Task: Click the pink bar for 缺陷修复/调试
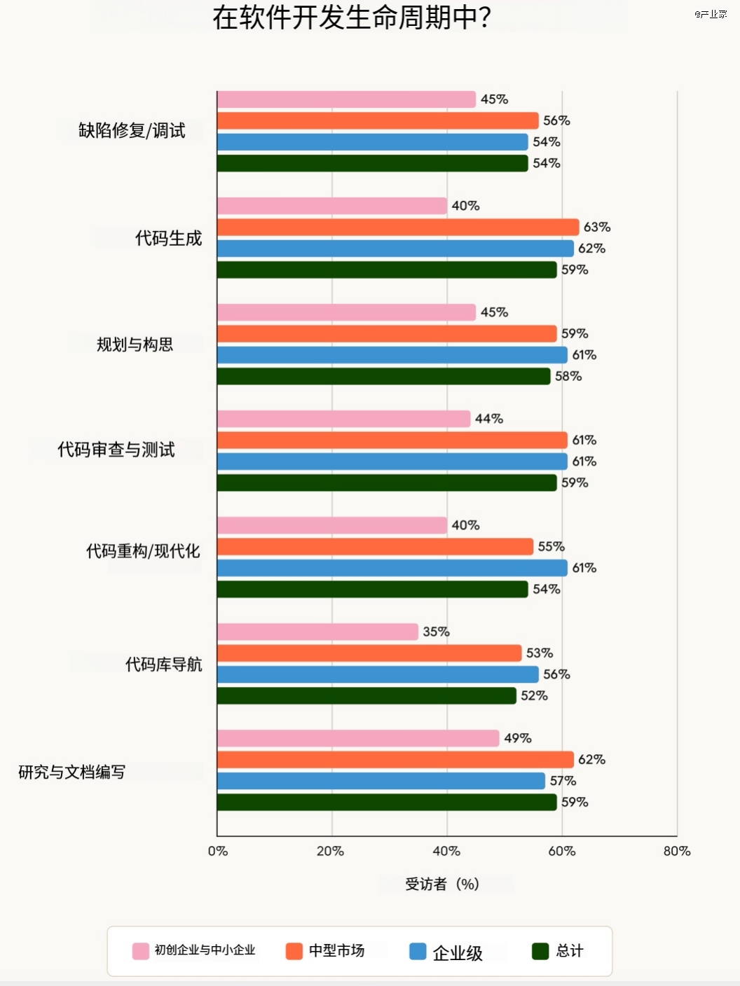346,99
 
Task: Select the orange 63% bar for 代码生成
398,227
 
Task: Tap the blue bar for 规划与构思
392,355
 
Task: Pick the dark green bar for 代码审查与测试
387,482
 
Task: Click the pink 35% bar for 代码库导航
317,632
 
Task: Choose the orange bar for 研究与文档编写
395,760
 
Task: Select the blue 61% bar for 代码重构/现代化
392,568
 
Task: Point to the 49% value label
518,738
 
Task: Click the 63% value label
597,227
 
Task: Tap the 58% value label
568,376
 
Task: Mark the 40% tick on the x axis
446,851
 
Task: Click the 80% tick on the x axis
677,851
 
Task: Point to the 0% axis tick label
218,851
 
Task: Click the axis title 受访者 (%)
442,884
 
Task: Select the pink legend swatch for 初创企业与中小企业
141,950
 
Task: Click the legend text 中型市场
336,950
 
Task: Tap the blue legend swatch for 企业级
418,951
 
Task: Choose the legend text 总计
570,950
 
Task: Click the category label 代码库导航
163,664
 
